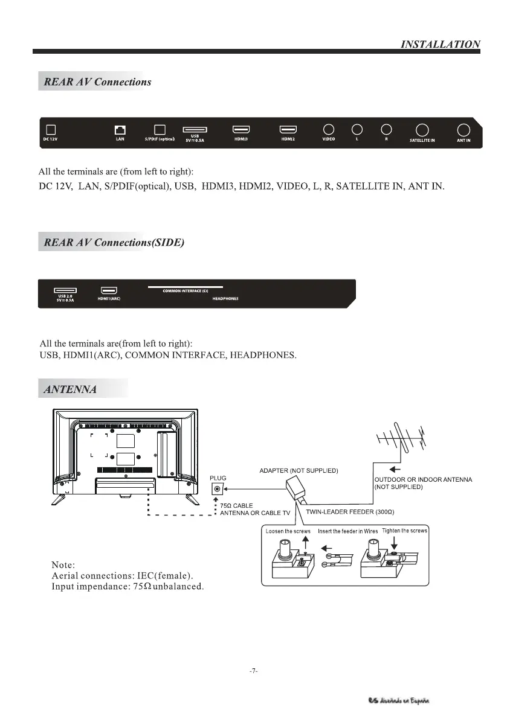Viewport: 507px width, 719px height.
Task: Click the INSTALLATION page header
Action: click(441, 44)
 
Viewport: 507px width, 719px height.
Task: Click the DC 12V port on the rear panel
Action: click(51, 130)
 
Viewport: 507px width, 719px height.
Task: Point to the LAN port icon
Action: click(120, 130)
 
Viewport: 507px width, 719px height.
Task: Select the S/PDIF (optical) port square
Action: click(160, 130)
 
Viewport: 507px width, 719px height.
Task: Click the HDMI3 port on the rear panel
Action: click(242, 129)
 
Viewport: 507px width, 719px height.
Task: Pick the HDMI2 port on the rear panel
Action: click(288, 129)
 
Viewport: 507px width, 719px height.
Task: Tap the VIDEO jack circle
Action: click(329, 129)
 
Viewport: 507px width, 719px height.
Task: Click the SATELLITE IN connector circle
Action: click(422, 130)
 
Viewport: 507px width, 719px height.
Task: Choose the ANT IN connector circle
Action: click(463, 130)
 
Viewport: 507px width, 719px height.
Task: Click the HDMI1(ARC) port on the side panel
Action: click(109, 290)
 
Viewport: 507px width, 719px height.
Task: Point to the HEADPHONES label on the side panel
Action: click(225, 298)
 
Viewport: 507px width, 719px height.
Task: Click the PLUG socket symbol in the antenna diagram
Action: click(217, 488)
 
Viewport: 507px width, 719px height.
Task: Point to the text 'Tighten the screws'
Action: click(405, 531)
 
